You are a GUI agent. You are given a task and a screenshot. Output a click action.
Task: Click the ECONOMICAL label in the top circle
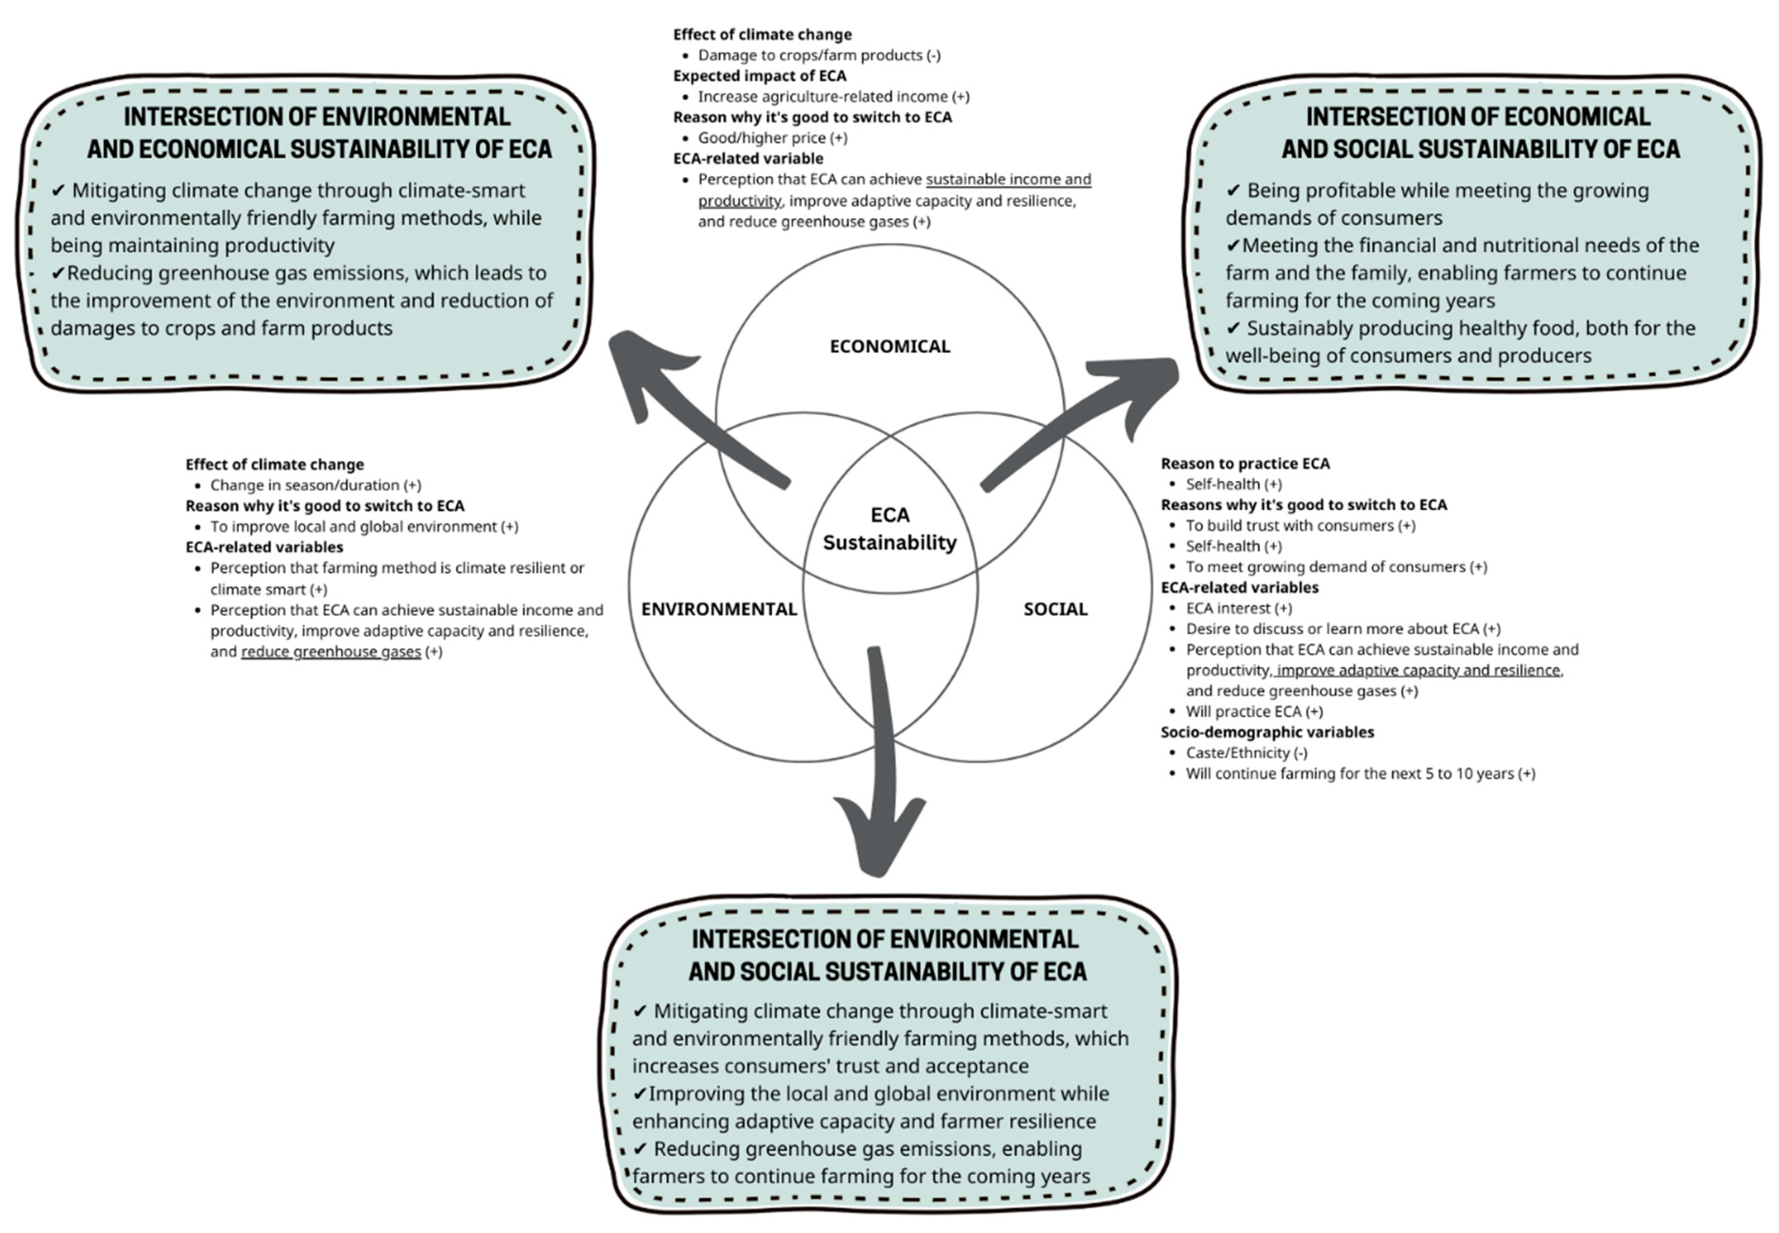[x=890, y=346]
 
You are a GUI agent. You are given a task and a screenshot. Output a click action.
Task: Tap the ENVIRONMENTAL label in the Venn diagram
[x=718, y=609]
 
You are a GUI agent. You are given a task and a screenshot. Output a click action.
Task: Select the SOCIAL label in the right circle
[x=1055, y=609]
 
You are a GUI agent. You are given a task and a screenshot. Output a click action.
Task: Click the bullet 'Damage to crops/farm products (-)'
[x=819, y=55]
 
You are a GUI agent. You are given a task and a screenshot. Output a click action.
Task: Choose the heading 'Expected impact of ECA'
[x=759, y=76]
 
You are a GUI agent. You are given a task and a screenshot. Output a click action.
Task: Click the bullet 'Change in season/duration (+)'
[x=315, y=485]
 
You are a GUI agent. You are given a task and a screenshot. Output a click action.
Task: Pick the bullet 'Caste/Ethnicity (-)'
[x=1246, y=752]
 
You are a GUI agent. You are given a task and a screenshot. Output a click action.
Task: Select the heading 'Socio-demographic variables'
[x=1267, y=732]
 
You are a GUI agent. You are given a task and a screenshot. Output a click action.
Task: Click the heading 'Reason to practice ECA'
[x=1245, y=464]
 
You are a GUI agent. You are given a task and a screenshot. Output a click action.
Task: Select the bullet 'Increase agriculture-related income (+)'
[x=833, y=97]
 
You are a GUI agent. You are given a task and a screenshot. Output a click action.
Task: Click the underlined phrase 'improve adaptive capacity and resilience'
[x=1418, y=670]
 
